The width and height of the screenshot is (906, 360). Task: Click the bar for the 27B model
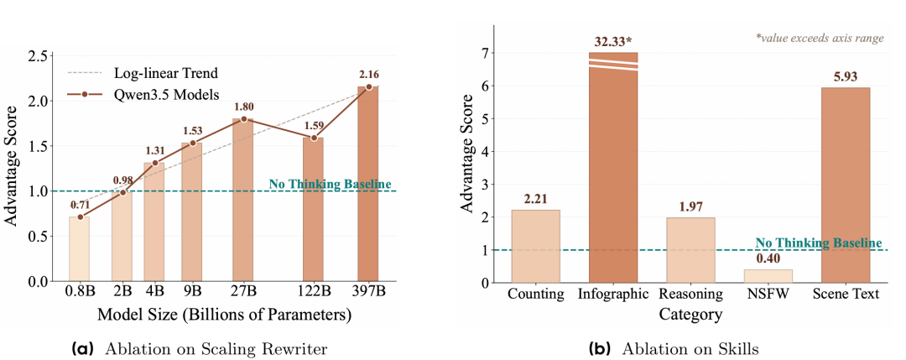coord(243,200)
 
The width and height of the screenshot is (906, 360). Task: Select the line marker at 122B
coord(314,138)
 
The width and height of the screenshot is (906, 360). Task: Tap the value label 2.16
coord(367,76)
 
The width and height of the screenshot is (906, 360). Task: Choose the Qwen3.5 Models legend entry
coord(144,96)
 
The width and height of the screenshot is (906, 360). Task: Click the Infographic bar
coord(613,167)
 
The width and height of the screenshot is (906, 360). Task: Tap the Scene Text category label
coord(846,295)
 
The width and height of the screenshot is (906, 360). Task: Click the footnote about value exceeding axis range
coord(820,38)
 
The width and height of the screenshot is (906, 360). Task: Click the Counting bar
coord(535,246)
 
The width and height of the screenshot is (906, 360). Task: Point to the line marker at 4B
coord(154,163)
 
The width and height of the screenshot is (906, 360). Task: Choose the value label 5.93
coord(846,76)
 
